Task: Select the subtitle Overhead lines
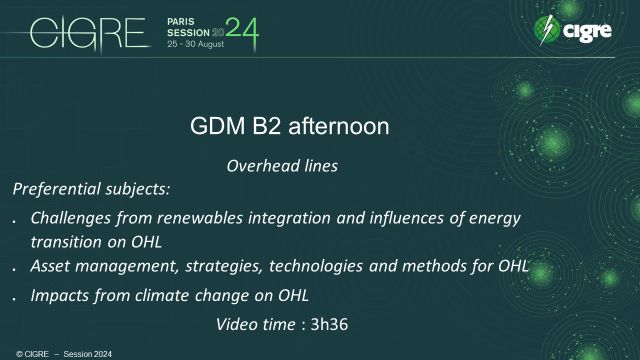coord(283,166)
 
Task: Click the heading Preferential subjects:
coord(79,188)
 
